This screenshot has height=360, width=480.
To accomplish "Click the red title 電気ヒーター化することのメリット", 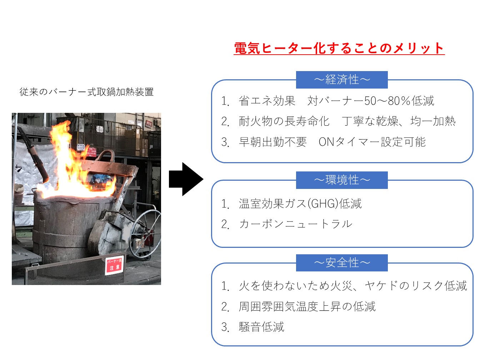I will pyautogui.click(x=339, y=48).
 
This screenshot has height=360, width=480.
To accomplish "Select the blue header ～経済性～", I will pyautogui.click(x=342, y=79).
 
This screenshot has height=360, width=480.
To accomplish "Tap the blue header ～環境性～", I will pyautogui.click(x=342, y=180).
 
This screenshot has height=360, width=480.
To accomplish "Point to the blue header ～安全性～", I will pyautogui.click(x=342, y=263).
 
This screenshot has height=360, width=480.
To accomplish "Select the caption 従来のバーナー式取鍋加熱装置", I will pyautogui.click(x=86, y=92).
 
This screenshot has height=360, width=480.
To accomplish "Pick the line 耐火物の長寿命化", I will pyautogui.click(x=284, y=121).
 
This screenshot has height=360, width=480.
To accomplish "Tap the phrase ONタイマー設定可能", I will pyautogui.click(x=372, y=142).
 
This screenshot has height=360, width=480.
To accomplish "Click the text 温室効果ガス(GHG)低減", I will pyautogui.click(x=300, y=204).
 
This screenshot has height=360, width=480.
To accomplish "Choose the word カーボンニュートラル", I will pyautogui.click(x=296, y=224).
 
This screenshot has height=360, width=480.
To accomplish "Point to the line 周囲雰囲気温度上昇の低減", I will pyautogui.click(x=307, y=306).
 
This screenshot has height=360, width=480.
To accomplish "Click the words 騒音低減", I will pyautogui.click(x=261, y=327).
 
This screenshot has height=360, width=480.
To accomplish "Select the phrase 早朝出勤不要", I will pyautogui.click(x=273, y=142).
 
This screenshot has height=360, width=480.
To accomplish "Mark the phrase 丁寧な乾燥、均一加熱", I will pyautogui.click(x=399, y=121).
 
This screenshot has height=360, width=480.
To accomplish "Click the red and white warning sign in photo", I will pyautogui.click(x=114, y=265).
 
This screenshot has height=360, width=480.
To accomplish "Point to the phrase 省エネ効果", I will pyautogui.click(x=267, y=101).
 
